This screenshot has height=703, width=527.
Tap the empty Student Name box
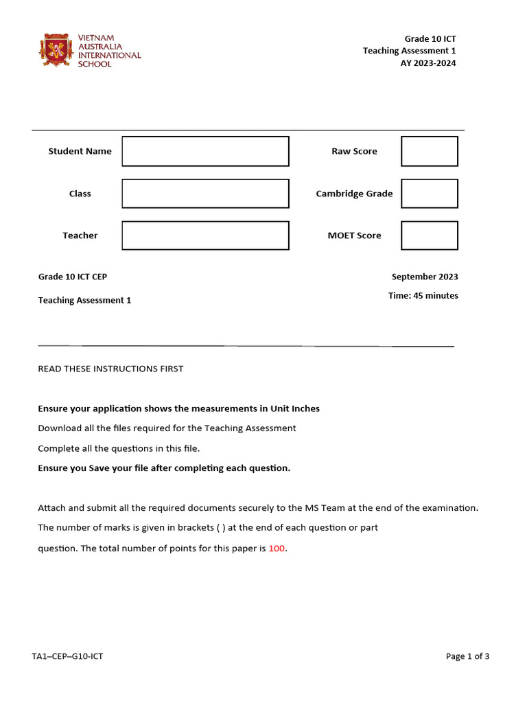point(205,151)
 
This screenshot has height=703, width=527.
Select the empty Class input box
point(205,194)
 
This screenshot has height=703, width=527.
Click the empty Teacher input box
point(205,235)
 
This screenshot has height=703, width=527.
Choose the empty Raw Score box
point(429,151)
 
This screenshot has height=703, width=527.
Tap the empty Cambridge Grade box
point(429,194)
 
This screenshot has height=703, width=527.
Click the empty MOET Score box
point(429,235)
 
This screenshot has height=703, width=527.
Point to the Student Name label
point(80,151)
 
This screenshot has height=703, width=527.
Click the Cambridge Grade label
point(354,194)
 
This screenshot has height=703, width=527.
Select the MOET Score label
point(354,235)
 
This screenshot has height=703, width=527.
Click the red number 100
point(277,548)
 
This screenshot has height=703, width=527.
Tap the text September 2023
point(425,277)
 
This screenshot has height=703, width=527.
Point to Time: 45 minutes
point(423,296)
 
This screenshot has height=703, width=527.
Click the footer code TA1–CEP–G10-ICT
point(67,656)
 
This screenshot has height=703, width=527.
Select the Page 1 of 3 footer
point(467,656)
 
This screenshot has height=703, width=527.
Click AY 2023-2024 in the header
point(428,63)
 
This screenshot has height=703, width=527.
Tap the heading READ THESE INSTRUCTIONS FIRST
point(110,369)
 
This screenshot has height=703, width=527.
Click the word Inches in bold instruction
point(305,408)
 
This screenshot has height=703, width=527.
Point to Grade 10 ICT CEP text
point(73,277)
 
